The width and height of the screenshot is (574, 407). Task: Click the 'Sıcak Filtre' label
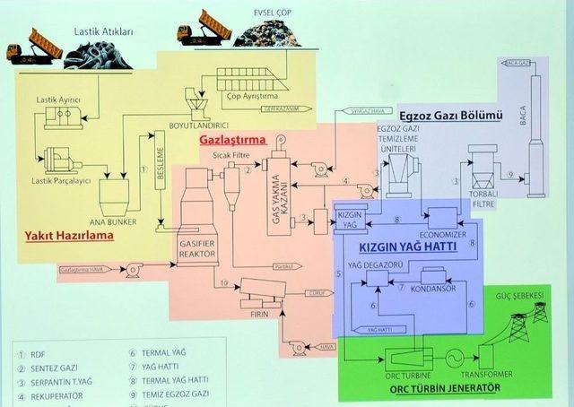(230, 154)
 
